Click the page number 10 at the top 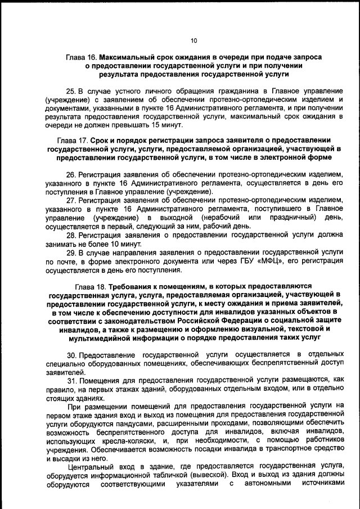click(x=193, y=40)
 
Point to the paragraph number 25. click(x=71, y=91)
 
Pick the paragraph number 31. click(x=71, y=380)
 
